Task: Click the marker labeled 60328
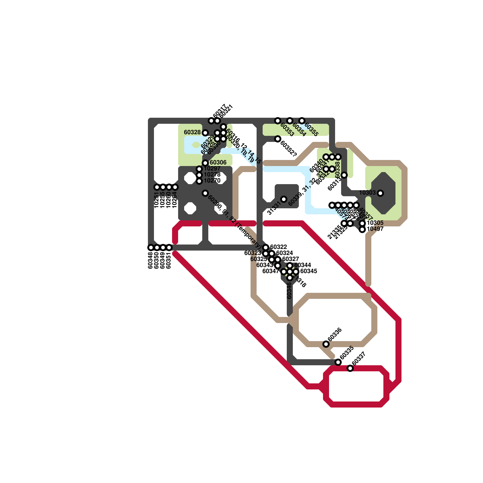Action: tap(205, 133)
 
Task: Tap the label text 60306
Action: tap(218, 163)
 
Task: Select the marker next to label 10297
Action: tap(199, 169)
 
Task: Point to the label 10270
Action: tap(212, 181)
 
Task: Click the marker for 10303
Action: tap(380, 193)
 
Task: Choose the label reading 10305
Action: tap(375, 223)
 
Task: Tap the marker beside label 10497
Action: tap(362, 229)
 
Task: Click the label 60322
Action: tap(278, 247)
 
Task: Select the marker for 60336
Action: tap(326, 344)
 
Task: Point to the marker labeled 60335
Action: tap(338, 362)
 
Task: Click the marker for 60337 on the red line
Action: tap(350, 368)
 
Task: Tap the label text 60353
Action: tap(287, 130)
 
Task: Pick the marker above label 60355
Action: tap(302, 121)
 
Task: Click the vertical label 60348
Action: tap(151, 260)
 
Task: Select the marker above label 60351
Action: tap(169, 248)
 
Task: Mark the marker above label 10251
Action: tap(157, 187)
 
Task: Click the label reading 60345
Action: tap(309, 271)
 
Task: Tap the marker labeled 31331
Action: tap(284, 199)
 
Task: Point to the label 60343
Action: tap(264, 265)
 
